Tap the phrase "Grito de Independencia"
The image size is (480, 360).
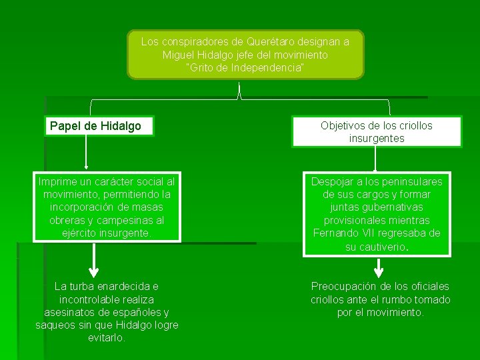(x=245, y=68)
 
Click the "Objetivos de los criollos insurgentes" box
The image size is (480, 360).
(x=377, y=132)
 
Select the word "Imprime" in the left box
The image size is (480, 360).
(x=59, y=181)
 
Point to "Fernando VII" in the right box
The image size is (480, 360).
(x=344, y=233)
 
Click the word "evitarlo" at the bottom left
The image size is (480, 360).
(x=106, y=337)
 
